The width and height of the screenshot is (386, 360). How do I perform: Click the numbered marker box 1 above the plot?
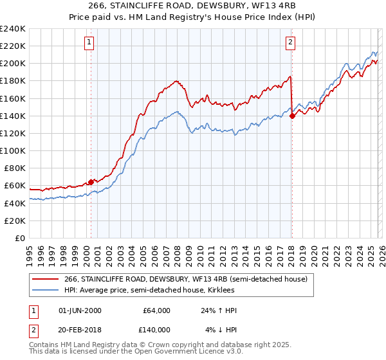[x=89, y=43]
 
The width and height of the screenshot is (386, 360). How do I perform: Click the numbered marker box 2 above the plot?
[x=290, y=43]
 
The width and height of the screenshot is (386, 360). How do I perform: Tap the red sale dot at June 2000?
[x=91, y=182]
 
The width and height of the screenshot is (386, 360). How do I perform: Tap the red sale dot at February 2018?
[x=292, y=116]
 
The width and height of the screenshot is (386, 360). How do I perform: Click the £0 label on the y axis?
[x=21, y=238]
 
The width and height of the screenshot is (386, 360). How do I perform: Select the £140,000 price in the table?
[x=157, y=329]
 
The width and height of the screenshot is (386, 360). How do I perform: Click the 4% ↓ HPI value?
[x=221, y=329]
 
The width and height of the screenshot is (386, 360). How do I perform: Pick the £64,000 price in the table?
[x=157, y=310]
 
